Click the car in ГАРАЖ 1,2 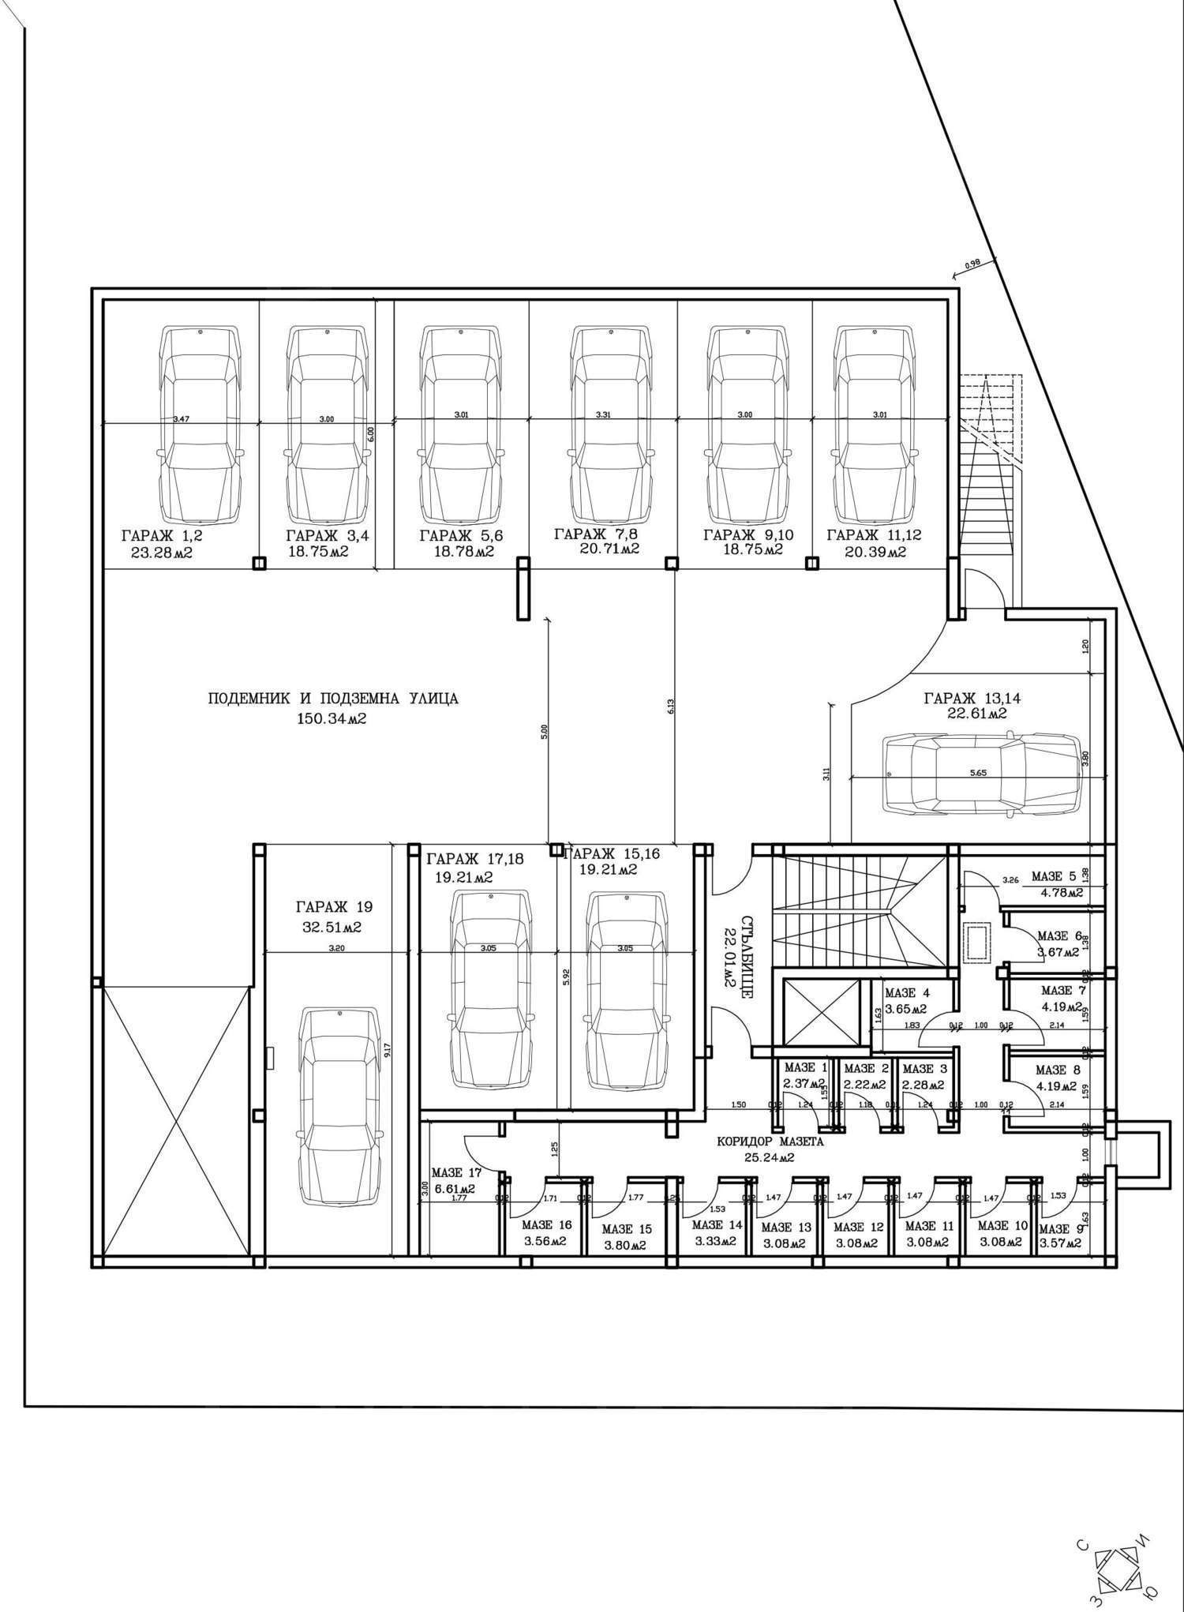tap(200, 425)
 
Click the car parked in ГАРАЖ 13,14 tap(982, 774)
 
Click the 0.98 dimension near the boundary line tap(972, 267)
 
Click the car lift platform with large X tap(174, 1118)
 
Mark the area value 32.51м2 tap(332, 928)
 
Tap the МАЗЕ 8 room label tap(1057, 1070)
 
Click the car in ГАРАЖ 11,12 tap(874, 425)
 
